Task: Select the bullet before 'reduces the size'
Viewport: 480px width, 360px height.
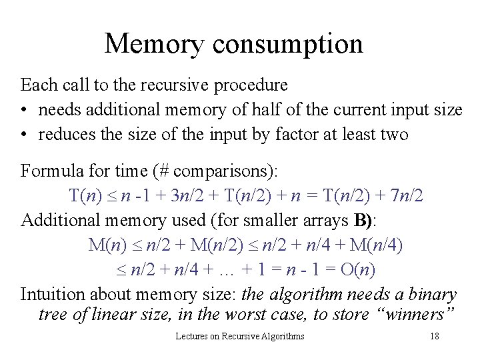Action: point(25,135)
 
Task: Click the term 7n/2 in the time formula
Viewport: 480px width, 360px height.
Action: point(405,196)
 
